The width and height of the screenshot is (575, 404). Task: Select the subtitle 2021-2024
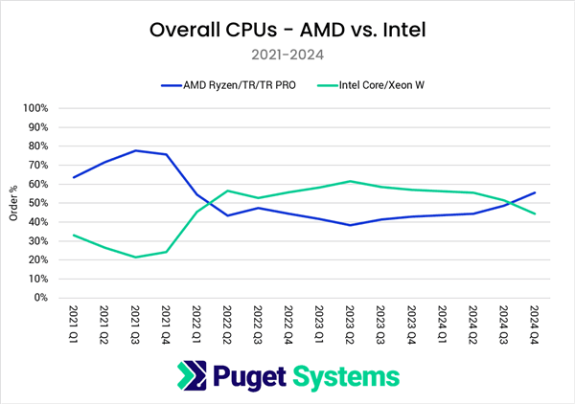[287, 55]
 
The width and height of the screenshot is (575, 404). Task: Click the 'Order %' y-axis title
[13, 202]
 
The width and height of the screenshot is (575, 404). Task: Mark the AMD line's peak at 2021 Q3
[135, 150]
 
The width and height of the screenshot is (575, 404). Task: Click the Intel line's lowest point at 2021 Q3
[135, 257]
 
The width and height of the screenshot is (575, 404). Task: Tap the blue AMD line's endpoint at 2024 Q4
[534, 192]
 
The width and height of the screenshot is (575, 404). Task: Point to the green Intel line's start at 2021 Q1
[74, 235]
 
